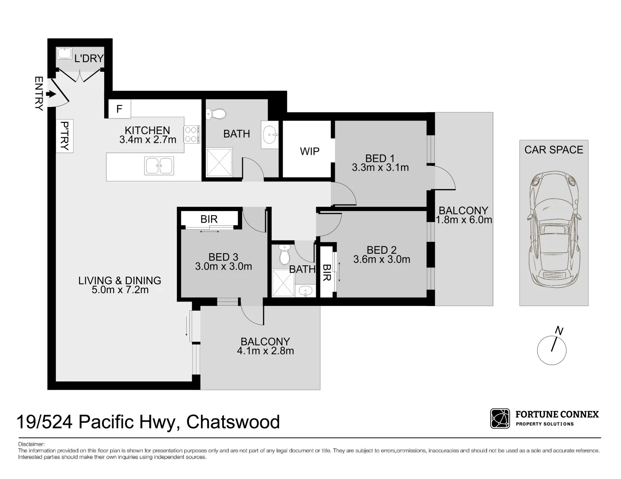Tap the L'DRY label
click(x=89, y=59)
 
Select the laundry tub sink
click(x=64, y=54)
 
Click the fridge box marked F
click(x=119, y=109)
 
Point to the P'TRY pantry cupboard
click(x=65, y=136)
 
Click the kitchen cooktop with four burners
click(x=191, y=135)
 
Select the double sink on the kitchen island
click(x=159, y=166)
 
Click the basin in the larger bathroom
click(x=270, y=133)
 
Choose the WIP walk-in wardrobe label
click(x=310, y=151)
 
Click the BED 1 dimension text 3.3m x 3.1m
click(x=380, y=168)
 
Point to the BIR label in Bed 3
click(x=209, y=219)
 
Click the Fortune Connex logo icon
click(x=500, y=419)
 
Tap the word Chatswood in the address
click(x=233, y=422)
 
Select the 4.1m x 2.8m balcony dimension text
click(x=265, y=351)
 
